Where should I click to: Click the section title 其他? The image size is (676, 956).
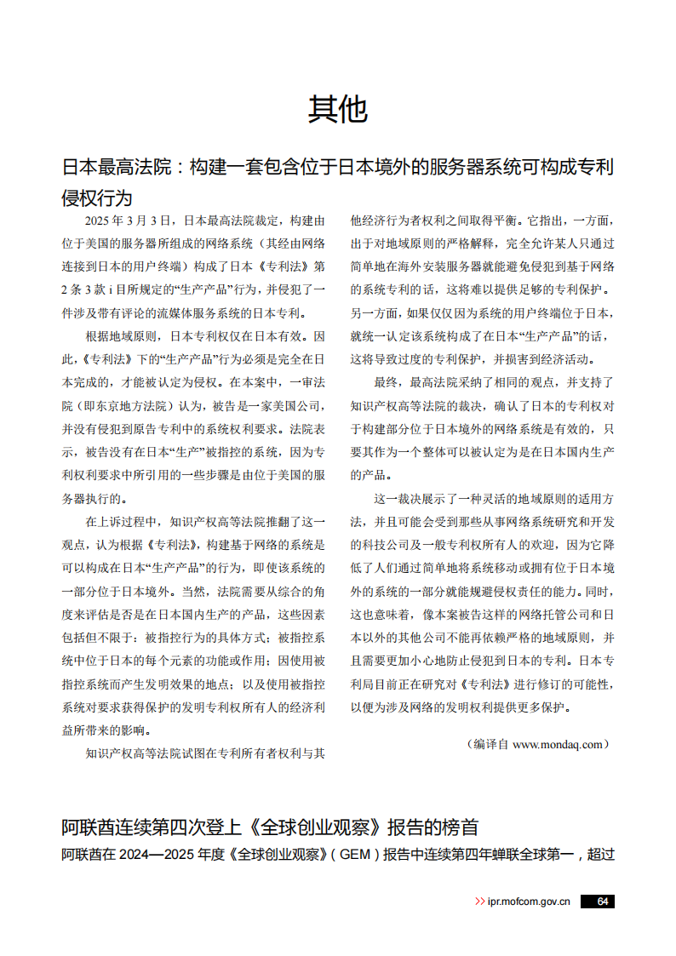point(337,109)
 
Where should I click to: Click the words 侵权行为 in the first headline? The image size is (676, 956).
point(97,197)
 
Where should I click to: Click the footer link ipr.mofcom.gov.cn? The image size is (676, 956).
point(529,902)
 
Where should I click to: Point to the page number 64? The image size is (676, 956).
point(602,902)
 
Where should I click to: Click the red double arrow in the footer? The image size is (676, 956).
point(480,902)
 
